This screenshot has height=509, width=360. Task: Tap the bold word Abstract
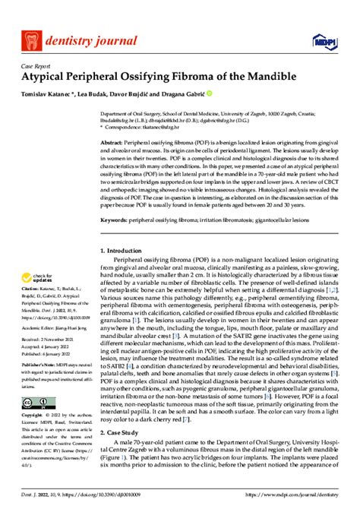[112, 144]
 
